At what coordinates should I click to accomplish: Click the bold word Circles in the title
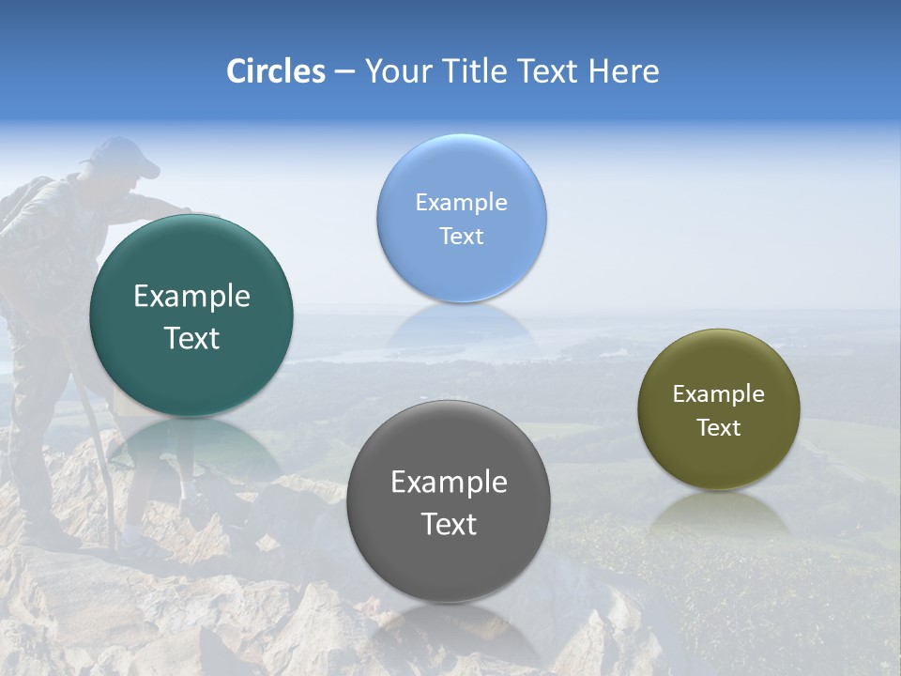click(276, 71)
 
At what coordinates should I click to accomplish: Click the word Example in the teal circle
click(191, 297)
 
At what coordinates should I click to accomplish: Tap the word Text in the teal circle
click(191, 339)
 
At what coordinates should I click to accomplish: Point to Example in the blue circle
click(461, 203)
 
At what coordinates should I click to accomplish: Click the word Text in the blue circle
click(461, 237)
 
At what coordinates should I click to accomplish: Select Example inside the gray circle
click(449, 483)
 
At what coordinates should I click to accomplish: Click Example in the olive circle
click(718, 394)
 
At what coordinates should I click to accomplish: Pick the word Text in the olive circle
click(718, 428)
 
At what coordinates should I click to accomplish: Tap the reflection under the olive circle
click(719, 515)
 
